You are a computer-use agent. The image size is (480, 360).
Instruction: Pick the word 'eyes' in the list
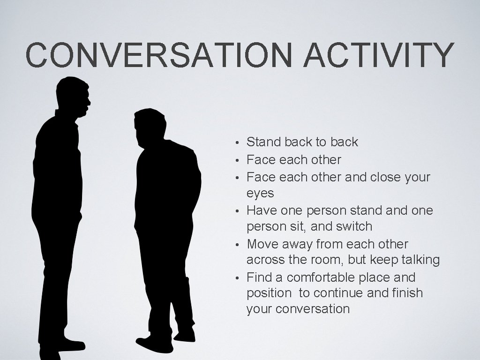pyautogui.click(x=260, y=193)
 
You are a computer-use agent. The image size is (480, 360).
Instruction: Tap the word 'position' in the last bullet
pyautogui.click(x=269, y=293)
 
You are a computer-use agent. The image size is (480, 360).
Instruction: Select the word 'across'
pyautogui.click(x=263, y=260)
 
